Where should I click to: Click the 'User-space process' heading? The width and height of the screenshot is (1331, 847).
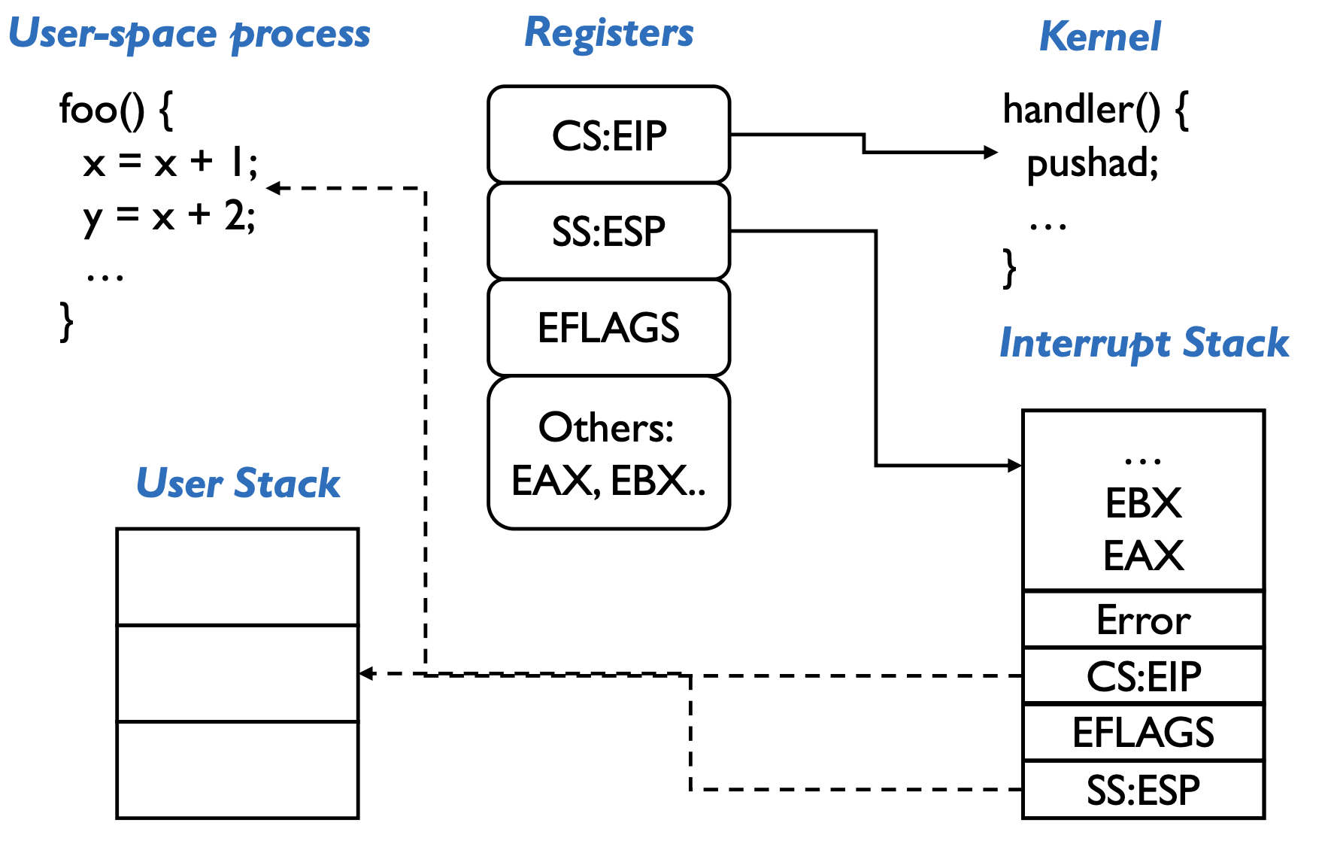click(x=189, y=34)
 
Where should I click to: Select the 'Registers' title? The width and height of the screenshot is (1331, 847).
click(x=608, y=33)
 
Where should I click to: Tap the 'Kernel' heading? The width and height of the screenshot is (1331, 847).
click(x=1099, y=36)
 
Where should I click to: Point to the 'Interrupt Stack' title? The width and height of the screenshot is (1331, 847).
click(x=1143, y=343)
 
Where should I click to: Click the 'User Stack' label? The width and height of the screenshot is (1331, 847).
click(x=238, y=483)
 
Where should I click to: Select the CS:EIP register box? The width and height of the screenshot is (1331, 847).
click(x=608, y=135)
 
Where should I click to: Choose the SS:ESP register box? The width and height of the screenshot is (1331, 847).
click(x=608, y=231)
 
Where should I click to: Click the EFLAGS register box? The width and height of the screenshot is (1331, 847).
click(x=608, y=327)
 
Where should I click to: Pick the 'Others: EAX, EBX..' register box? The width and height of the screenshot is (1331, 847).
click(x=608, y=453)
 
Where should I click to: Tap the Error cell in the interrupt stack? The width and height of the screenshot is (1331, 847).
click(x=1143, y=620)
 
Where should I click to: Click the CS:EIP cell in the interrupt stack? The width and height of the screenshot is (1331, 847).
click(x=1143, y=675)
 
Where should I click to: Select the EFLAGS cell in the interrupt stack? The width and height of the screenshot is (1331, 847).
click(x=1143, y=732)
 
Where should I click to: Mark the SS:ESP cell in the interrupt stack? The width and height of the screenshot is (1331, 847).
click(x=1143, y=790)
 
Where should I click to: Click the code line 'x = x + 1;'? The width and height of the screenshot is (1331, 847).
click(x=170, y=162)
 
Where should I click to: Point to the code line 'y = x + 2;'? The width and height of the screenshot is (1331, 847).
click(x=170, y=217)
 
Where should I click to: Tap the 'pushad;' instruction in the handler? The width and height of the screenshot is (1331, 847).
click(x=1092, y=162)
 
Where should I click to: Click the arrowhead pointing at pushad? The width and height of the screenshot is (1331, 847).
click(x=992, y=152)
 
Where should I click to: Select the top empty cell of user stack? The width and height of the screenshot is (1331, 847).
click(x=238, y=577)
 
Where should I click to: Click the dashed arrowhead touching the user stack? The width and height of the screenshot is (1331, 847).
click(x=366, y=673)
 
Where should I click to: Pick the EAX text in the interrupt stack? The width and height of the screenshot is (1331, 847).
click(x=1143, y=556)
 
